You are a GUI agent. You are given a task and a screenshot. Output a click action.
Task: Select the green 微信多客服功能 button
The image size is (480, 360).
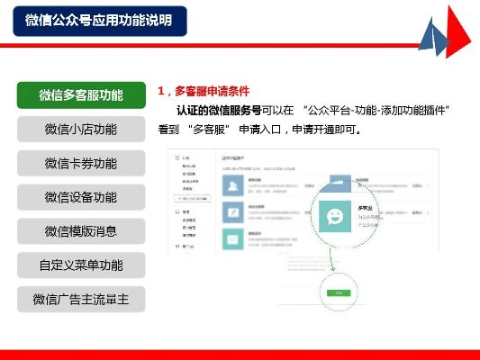pyautogui.click(x=81, y=95)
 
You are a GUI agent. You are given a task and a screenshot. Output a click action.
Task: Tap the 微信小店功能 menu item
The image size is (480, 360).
pyautogui.click(x=81, y=130)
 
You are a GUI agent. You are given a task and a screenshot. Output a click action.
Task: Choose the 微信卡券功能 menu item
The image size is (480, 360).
pyautogui.click(x=81, y=164)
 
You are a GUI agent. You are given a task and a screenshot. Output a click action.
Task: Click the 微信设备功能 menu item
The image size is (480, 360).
pyautogui.click(x=81, y=197)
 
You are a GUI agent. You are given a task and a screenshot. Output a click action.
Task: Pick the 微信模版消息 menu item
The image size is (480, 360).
pyautogui.click(x=81, y=231)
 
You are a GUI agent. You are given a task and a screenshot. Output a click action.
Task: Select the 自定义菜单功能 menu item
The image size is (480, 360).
pyautogui.click(x=81, y=265)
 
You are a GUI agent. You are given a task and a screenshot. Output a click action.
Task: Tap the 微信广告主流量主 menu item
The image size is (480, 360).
pyautogui.click(x=81, y=299)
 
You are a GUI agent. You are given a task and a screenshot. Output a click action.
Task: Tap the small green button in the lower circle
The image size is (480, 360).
pyautogui.click(x=338, y=292)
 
